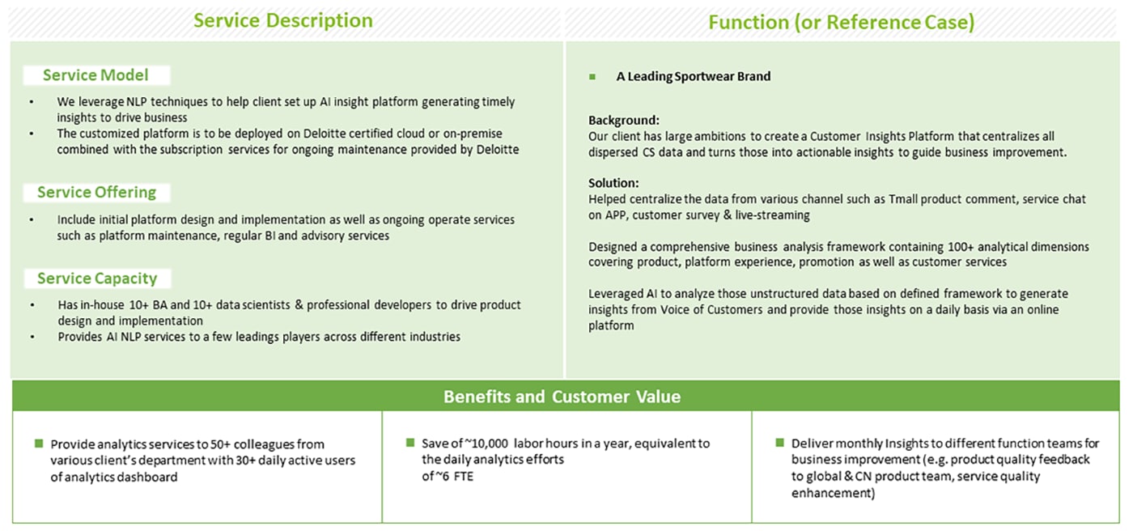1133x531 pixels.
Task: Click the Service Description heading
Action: coord(283,21)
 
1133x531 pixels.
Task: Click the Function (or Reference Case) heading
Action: coord(841,22)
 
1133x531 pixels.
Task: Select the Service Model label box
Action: coord(96,75)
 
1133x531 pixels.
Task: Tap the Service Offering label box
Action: coord(96,193)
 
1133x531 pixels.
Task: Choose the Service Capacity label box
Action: coord(97,278)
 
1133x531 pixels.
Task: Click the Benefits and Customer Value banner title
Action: coord(562,397)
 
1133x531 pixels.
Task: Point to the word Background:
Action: coord(624,121)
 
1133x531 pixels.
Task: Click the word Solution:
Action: coord(613,183)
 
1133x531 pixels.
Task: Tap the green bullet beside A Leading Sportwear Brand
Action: coord(592,77)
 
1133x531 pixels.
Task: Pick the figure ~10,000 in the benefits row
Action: coord(486,444)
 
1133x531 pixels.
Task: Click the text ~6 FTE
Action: coord(454,477)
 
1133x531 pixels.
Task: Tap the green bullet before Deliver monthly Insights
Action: coord(779,443)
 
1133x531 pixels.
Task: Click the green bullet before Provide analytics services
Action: coord(39,444)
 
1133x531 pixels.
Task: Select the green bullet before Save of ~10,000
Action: coord(410,443)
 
